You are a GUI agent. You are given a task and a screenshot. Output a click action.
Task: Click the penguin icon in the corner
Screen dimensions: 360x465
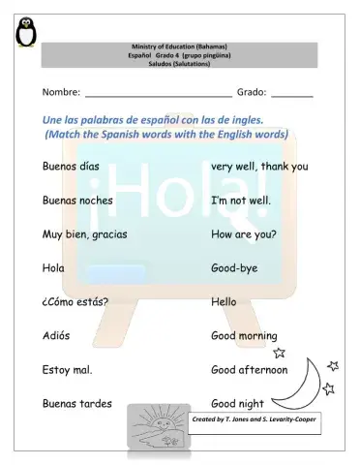click(x=27, y=33)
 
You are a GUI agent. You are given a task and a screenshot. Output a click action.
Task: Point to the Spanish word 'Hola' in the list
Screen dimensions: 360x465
click(x=53, y=267)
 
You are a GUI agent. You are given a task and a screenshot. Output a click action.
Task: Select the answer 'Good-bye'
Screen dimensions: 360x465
click(x=234, y=267)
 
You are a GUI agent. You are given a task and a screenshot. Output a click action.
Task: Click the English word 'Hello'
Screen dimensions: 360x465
click(x=224, y=301)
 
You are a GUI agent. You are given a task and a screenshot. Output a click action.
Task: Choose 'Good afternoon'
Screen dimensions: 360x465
click(x=249, y=370)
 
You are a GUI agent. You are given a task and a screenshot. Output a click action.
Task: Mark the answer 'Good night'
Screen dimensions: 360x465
click(x=237, y=403)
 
